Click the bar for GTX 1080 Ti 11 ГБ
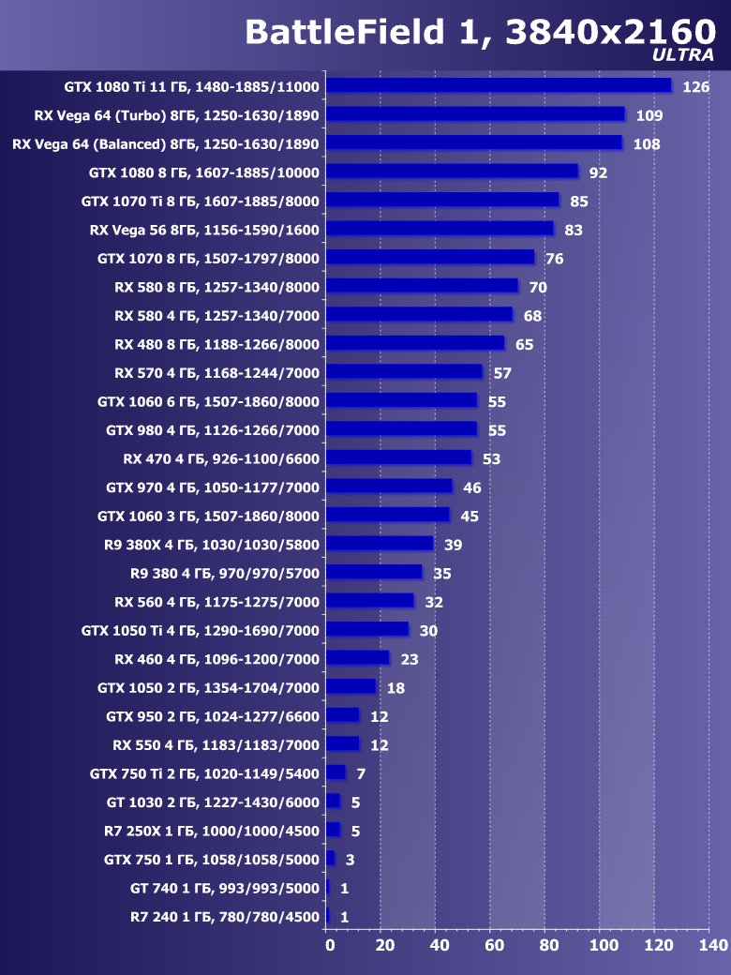coord(499,85)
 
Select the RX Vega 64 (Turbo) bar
coord(475,114)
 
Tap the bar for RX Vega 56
coord(440,229)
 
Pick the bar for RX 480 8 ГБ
coord(415,343)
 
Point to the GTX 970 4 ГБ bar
coord(389,487)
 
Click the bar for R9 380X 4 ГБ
coord(380,544)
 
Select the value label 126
coord(696,87)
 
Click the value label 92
coord(599,173)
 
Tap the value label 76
coord(555,259)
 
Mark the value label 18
coord(395,688)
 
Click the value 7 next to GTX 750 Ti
coord(361,774)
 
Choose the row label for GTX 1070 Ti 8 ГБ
coord(201,201)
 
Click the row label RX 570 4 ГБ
coord(216,372)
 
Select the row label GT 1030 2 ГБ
coord(213,802)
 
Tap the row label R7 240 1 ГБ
coord(225,917)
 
